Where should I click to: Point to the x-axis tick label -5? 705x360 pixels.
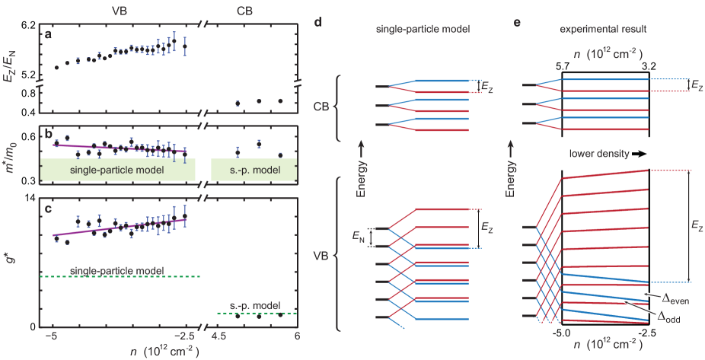coord(53,336)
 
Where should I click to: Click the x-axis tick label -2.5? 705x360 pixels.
coord(185,336)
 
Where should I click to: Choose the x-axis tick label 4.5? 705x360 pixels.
coord(219,336)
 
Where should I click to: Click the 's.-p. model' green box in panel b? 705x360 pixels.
coord(255,170)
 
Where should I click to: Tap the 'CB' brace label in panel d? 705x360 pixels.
coord(322,107)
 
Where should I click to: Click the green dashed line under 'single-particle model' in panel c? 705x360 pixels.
coord(122,276)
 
